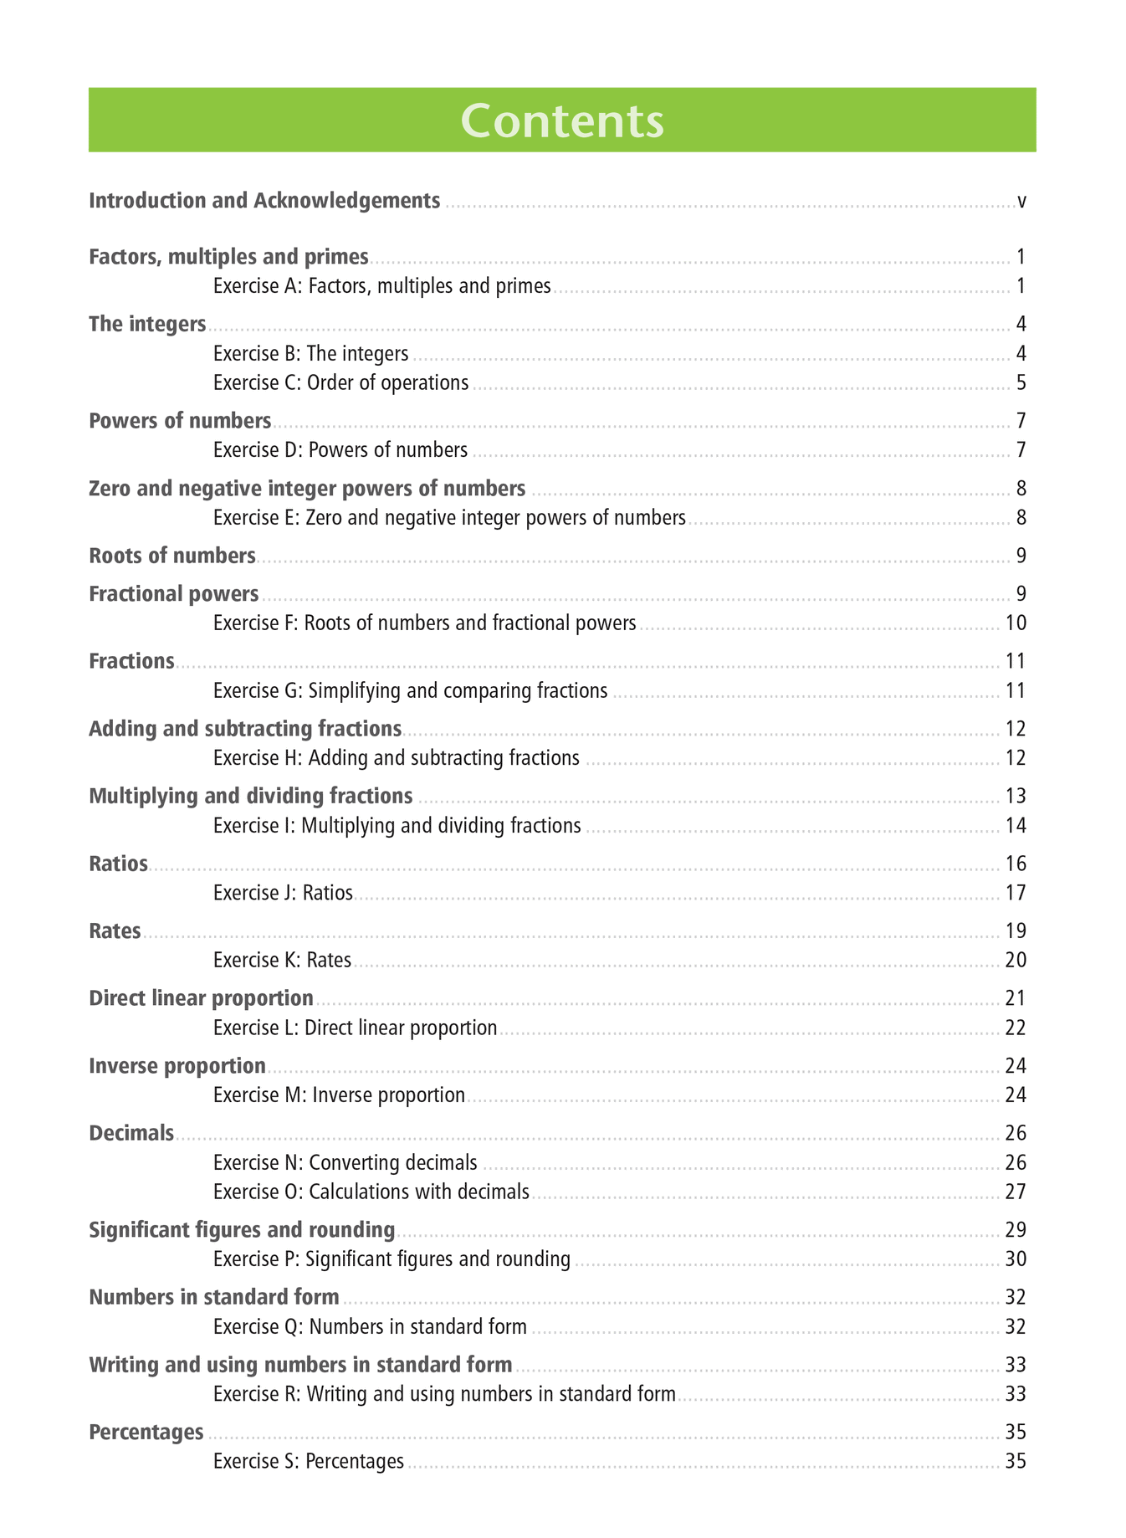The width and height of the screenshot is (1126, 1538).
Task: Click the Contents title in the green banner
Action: tap(562, 120)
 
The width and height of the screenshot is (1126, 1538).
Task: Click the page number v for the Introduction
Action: tap(1021, 201)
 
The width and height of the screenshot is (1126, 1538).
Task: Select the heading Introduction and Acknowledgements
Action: tap(264, 201)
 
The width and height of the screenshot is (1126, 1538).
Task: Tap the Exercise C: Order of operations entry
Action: tap(340, 383)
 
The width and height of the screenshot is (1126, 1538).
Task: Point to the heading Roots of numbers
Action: tap(171, 556)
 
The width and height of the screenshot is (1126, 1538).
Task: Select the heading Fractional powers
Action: tap(173, 594)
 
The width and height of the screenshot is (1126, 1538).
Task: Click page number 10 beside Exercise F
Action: tap(1016, 623)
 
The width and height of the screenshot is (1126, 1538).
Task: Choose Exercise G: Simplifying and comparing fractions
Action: tap(410, 691)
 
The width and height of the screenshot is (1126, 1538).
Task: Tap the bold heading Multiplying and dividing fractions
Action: tap(250, 796)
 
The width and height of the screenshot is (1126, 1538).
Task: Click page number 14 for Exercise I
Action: tap(1016, 826)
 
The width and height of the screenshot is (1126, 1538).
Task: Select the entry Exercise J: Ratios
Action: tap(283, 893)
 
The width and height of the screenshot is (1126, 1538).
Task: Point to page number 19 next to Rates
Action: tap(1016, 931)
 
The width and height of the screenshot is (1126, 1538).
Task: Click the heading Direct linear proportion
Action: tap(201, 998)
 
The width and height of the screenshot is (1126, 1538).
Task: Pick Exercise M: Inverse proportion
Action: tap(339, 1095)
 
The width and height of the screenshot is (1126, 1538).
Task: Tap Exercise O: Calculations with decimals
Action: tap(371, 1192)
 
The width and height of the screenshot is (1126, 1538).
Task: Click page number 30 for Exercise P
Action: tap(1016, 1259)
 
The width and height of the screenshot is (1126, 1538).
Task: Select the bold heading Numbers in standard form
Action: tap(213, 1298)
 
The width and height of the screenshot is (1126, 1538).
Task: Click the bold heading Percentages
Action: tap(146, 1433)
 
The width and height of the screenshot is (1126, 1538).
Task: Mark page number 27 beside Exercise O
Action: tap(1016, 1192)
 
